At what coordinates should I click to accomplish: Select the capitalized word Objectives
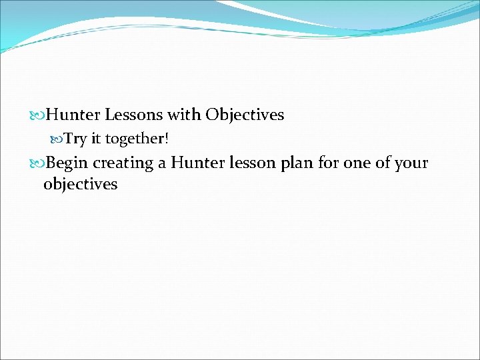coord(245,115)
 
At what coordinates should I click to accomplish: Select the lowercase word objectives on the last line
coord(80,184)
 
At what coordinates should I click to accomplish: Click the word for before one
coord(328,163)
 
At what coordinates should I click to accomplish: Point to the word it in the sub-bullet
coord(95,139)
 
